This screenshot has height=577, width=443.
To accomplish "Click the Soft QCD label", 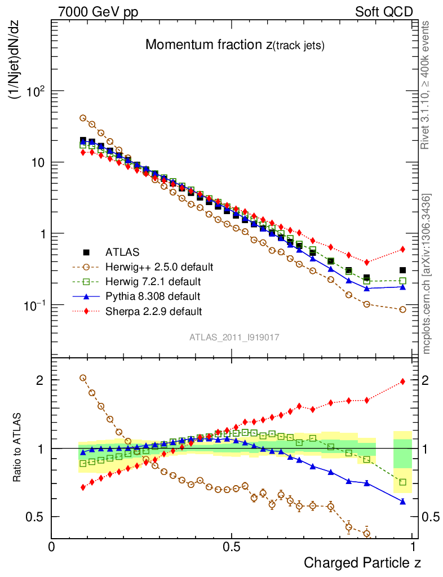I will (384, 12).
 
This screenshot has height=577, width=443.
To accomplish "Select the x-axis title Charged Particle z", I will (362, 562).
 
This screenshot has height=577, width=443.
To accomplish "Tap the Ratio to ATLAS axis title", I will (17, 449).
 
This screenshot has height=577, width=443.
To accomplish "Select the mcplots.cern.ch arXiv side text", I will (427, 273).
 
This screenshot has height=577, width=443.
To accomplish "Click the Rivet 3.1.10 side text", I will (427, 86).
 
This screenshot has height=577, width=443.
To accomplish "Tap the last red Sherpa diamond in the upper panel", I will (402, 249).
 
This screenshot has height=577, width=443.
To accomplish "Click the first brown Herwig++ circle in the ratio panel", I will (83, 378).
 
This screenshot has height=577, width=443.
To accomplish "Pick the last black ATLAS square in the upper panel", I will (402, 270).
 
